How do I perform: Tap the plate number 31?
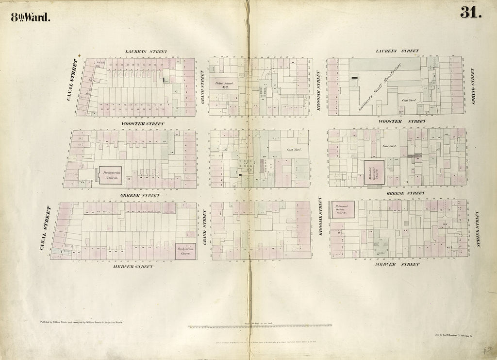click(470, 13)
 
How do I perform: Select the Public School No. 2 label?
click(225, 85)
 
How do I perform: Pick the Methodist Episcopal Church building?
click(374, 172)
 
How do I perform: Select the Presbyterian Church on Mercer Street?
click(185, 251)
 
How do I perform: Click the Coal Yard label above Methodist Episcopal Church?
click(390, 146)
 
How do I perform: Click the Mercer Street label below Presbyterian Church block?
click(133, 267)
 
